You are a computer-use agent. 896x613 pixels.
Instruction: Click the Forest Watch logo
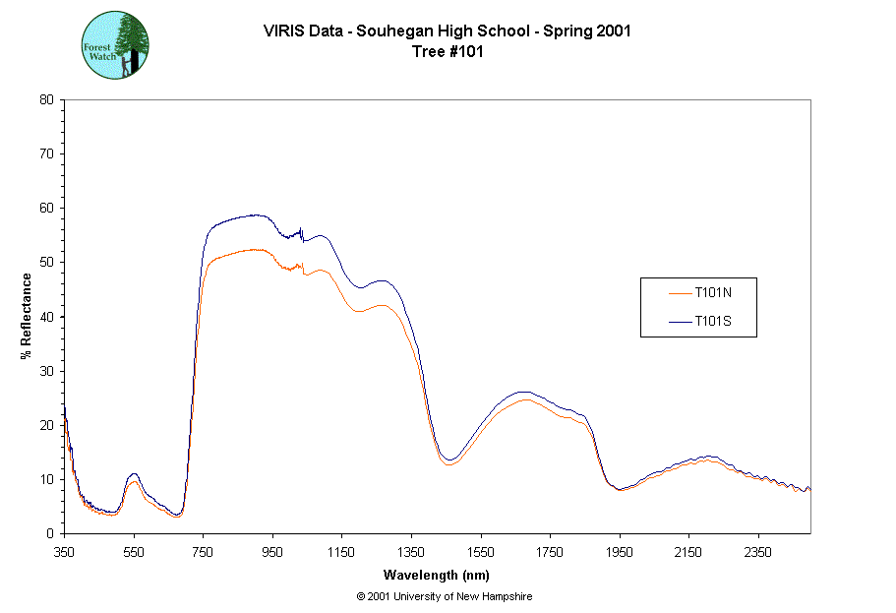tap(115, 45)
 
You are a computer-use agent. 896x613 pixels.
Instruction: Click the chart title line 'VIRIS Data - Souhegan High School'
tap(447, 31)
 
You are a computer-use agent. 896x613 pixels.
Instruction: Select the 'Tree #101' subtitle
tap(447, 52)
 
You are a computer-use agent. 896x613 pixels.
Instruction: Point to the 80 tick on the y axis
tap(46, 99)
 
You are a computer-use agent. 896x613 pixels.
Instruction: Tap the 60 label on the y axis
tap(46, 209)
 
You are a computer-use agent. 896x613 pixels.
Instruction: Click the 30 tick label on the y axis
tap(46, 371)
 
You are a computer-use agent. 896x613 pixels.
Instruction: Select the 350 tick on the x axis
tap(64, 552)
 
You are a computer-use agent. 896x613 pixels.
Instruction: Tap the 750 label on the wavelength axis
tap(203, 552)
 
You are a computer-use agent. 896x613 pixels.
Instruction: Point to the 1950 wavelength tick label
tap(619, 552)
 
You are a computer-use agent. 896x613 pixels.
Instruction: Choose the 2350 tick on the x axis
tap(757, 552)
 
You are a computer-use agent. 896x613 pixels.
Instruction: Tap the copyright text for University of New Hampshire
tap(445, 597)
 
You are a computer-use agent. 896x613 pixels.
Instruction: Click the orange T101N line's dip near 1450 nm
tap(448, 464)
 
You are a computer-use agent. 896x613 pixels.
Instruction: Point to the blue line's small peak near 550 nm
tap(134, 474)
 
